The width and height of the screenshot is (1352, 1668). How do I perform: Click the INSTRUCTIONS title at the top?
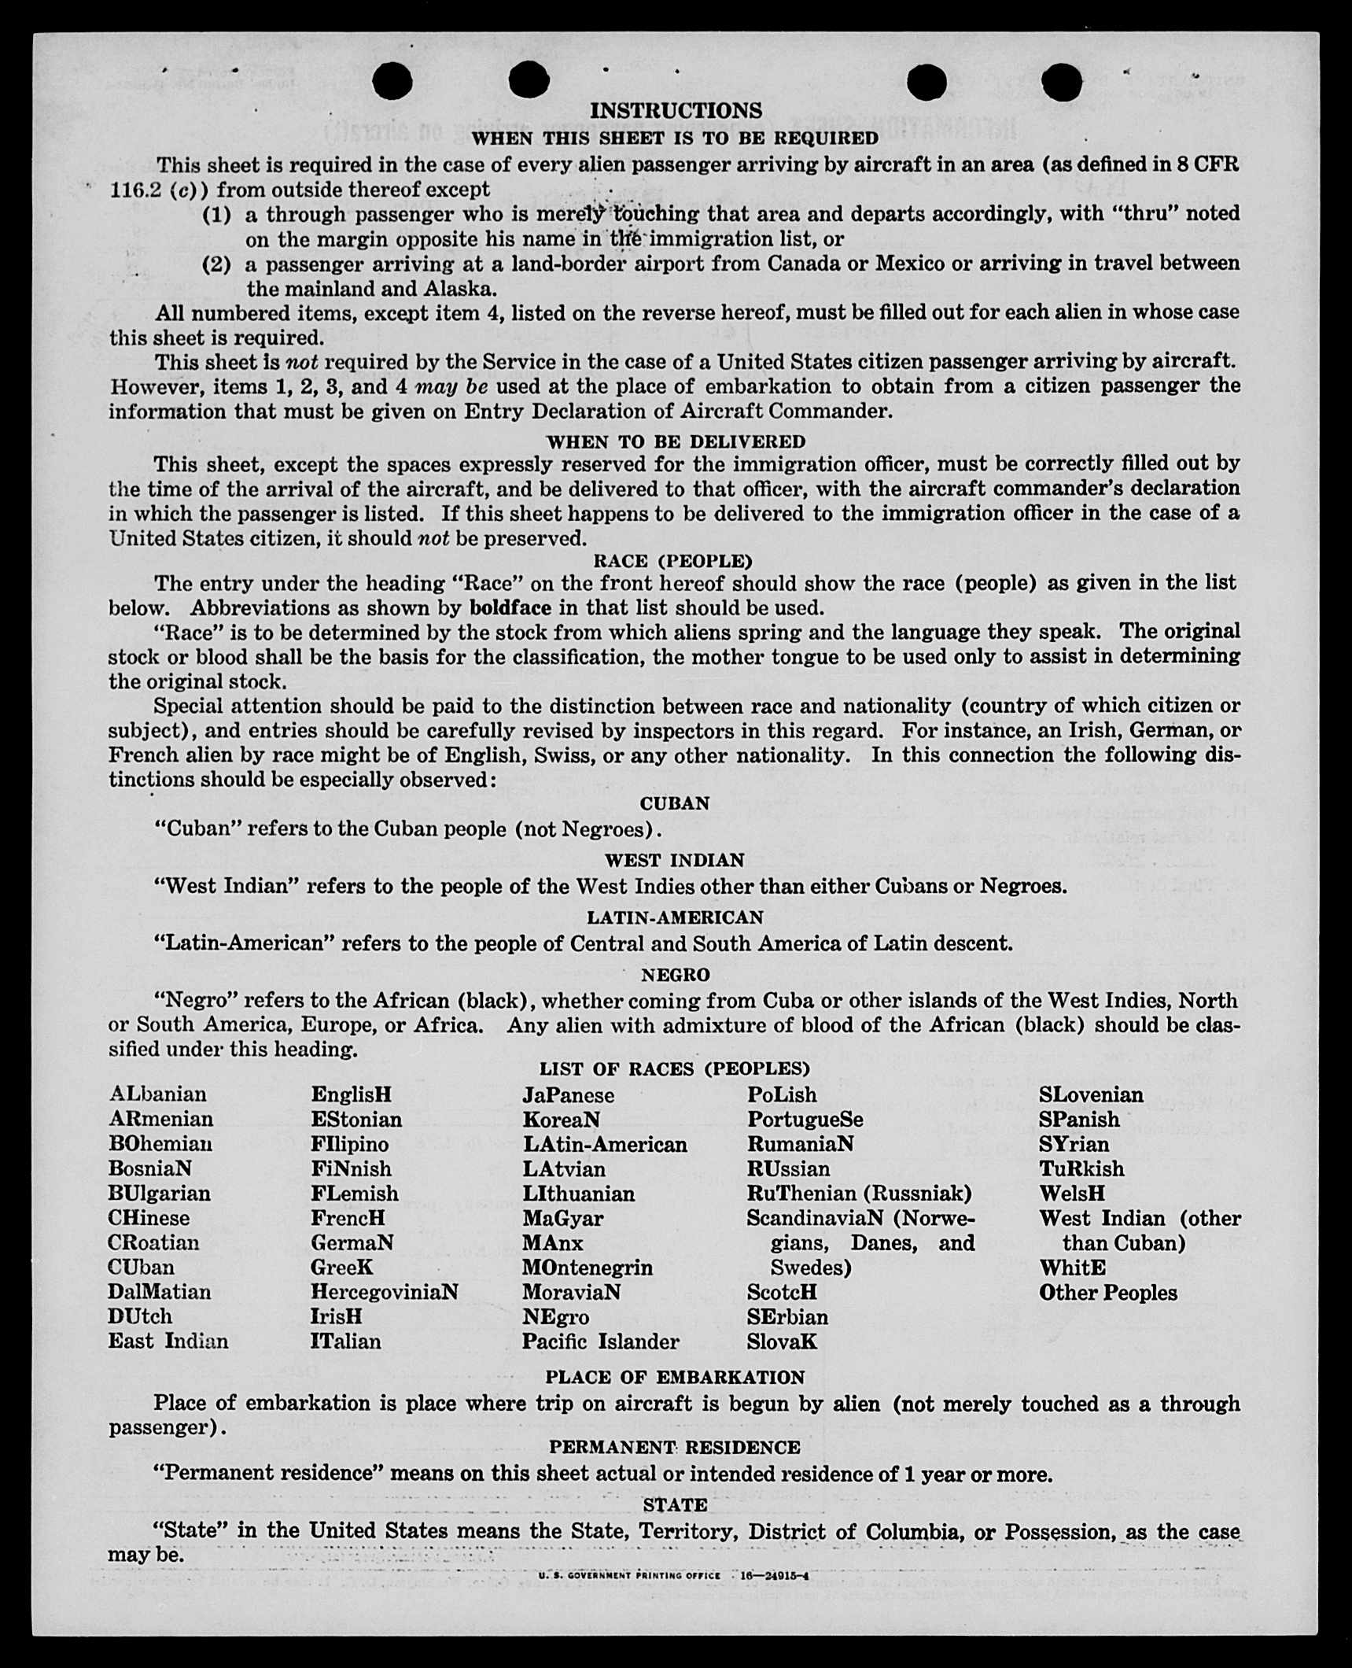(x=676, y=110)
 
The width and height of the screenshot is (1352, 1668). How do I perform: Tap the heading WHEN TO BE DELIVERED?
(x=676, y=441)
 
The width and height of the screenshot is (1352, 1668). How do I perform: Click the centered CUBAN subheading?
(x=675, y=803)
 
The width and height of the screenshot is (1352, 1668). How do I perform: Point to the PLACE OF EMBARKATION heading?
(x=675, y=1377)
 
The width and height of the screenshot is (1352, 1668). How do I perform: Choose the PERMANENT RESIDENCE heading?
(x=674, y=1447)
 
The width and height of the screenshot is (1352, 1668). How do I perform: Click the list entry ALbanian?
(x=158, y=1094)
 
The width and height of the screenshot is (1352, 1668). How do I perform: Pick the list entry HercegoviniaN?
(x=384, y=1291)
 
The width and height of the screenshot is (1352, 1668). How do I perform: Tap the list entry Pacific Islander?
(x=600, y=1341)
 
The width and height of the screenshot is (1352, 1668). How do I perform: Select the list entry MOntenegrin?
(x=588, y=1267)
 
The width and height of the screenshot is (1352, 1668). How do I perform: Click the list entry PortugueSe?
(x=805, y=1119)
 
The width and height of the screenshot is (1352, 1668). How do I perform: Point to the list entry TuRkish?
(x=1081, y=1168)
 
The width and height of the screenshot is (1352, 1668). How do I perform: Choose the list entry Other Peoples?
(x=1107, y=1292)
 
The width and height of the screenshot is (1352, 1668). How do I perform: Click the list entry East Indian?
(x=168, y=1341)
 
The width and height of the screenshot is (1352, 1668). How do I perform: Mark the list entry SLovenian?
(x=1091, y=1094)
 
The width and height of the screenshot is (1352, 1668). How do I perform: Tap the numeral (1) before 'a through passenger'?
(x=218, y=214)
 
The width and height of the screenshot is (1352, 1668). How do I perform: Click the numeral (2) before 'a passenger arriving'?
(x=218, y=264)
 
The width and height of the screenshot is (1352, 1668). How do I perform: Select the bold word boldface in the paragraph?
(x=510, y=607)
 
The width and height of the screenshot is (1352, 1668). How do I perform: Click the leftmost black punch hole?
(x=392, y=82)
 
